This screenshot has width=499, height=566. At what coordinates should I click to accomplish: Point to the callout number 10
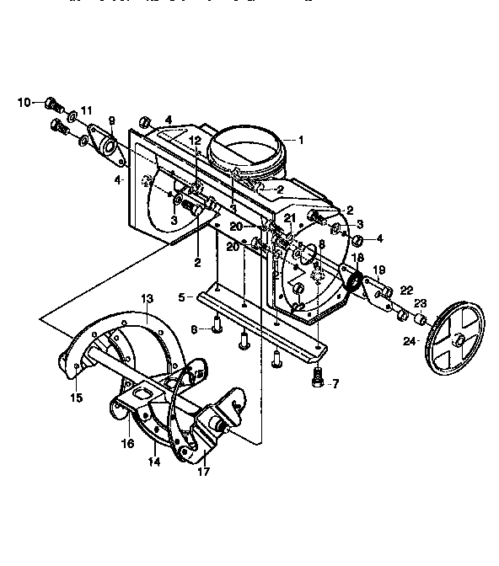25,103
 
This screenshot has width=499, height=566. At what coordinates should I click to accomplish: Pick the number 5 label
182,297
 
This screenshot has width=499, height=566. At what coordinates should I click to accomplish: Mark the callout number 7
335,384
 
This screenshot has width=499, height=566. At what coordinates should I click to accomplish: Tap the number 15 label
77,398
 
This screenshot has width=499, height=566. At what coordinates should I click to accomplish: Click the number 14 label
154,462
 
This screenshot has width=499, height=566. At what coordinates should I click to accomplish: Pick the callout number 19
378,270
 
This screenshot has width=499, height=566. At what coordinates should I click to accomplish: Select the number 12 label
195,141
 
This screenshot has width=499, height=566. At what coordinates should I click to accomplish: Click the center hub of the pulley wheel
460,339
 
